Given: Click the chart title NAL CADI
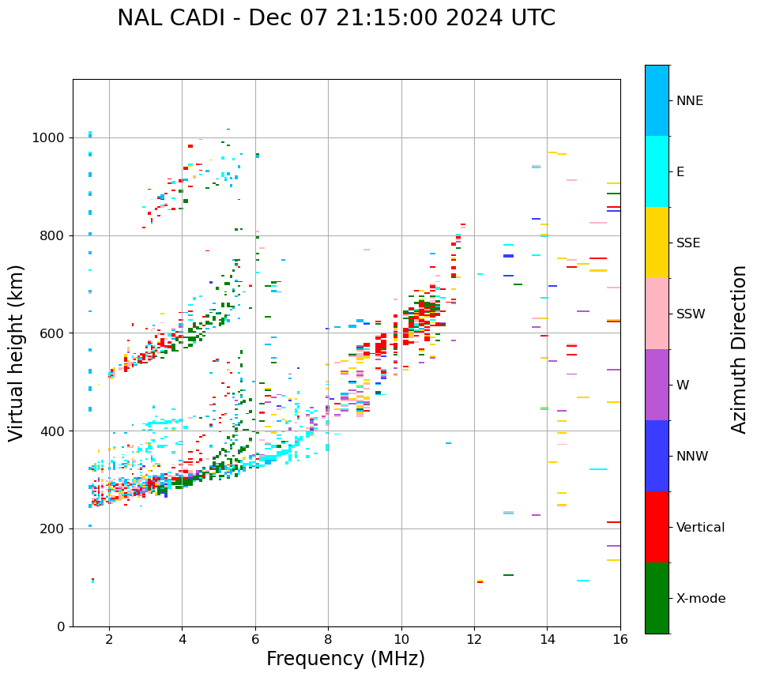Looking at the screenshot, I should pos(336,18).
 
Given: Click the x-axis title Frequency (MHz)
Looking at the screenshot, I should pos(345,659).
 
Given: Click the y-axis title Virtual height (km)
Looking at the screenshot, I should pos(17,352).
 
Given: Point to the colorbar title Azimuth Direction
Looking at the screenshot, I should pos(739,349).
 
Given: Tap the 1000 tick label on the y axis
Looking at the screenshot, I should pos(50,138).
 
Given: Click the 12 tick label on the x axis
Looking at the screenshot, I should pos(474,639).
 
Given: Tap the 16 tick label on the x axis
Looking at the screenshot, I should pos(620,639).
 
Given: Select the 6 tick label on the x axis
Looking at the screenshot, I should pos(255,639).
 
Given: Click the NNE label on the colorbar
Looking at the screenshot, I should pos(690,101).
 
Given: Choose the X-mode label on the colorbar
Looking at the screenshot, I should pos(701,599).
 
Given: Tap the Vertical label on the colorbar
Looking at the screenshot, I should pos(700,528).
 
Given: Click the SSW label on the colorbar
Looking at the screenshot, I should pos(691,314).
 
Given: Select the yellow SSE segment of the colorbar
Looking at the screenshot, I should pos(657,243).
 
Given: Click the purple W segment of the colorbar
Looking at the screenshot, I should pos(657,385).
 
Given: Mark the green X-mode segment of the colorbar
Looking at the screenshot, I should pos(657,598).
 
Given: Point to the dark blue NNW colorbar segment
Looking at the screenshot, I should pos(657,456).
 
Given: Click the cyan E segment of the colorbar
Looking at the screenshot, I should pos(657,171).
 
